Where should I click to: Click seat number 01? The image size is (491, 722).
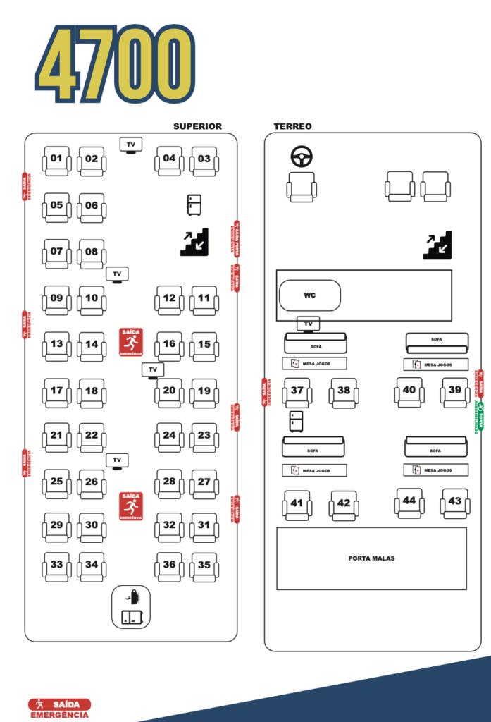[x=56, y=160]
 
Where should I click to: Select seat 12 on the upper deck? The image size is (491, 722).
[x=169, y=300]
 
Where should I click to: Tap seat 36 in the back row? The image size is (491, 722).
[x=169, y=566]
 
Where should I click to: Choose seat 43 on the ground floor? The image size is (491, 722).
[x=454, y=503]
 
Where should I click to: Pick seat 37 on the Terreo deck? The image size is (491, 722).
[x=297, y=392]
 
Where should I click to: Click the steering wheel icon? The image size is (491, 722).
[x=302, y=157]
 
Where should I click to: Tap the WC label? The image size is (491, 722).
[x=310, y=295]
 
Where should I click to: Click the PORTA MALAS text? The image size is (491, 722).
[x=371, y=558]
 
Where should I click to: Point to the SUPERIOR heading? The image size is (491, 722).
[x=197, y=126]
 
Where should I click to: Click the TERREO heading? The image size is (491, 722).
[x=292, y=126]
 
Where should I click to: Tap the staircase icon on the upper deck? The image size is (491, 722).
[x=194, y=242]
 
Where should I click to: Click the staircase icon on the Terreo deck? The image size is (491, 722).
[x=437, y=245]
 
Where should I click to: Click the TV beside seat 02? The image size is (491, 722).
[x=130, y=145]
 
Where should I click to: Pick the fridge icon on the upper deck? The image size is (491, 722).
[x=194, y=204]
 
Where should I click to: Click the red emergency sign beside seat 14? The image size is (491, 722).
[x=131, y=342]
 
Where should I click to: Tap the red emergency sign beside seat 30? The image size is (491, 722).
[x=131, y=506]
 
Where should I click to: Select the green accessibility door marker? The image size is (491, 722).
[x=480, y=416]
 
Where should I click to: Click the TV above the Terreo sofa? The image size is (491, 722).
[x=308, y=324]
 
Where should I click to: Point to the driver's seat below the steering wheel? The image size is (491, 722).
[x=302, y=187]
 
